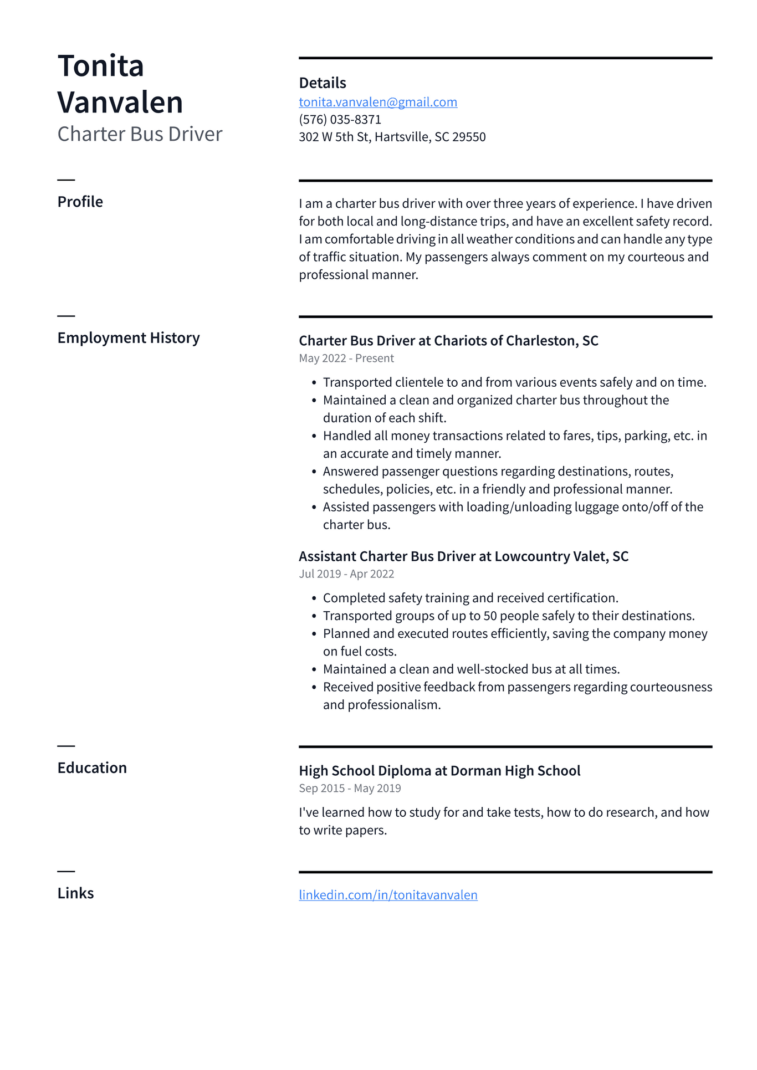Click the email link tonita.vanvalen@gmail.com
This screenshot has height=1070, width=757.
[378, 102]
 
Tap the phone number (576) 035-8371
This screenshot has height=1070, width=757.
[340, 119]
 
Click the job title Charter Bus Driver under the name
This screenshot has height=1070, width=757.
[140, 134]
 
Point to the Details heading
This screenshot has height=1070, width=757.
[323, 83]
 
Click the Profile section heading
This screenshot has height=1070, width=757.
[80, 202]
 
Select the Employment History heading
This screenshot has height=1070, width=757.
[128, 338]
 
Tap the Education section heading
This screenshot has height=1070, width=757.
[92, 768]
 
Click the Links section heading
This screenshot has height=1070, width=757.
[75, 893]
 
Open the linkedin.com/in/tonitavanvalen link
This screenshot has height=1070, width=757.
[388, 895]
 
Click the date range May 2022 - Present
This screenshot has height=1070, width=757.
[346, 359]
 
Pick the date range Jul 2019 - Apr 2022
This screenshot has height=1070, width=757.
[346, 574]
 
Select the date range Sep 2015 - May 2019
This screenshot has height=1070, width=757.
[350, 789]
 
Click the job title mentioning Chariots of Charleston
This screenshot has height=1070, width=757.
[448, 341]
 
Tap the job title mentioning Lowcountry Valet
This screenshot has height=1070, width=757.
[463, 556]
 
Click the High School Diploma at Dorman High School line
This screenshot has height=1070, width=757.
[439, 771]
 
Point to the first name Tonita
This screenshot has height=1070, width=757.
[101, 66]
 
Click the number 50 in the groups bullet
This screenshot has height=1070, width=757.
[490, 616]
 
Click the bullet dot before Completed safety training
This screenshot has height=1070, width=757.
[314, 598]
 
